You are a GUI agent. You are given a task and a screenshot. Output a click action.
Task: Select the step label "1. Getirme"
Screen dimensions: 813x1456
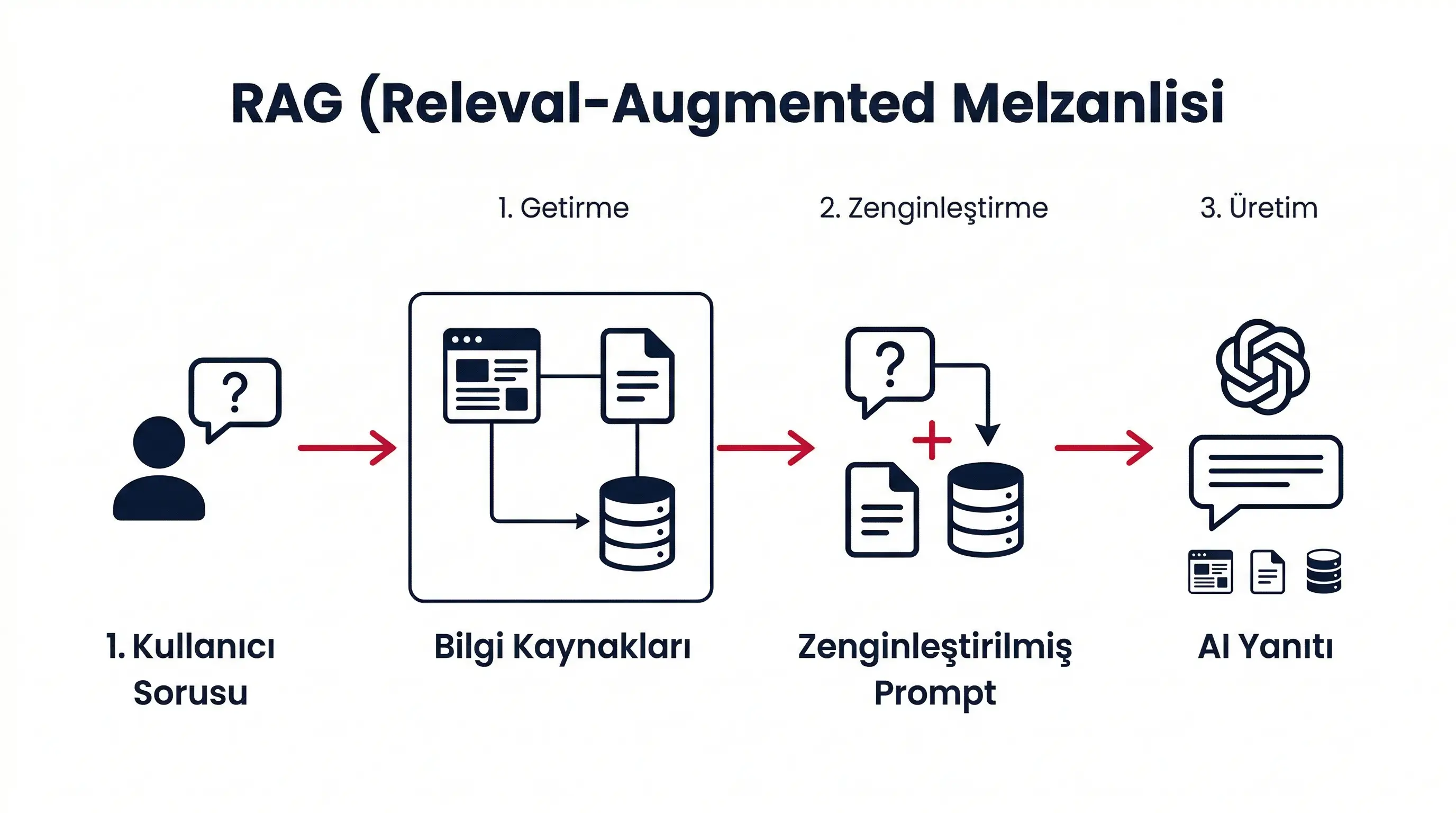[x=563, y=208]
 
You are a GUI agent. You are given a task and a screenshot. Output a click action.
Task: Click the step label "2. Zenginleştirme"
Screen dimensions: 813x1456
[x=934, y=208]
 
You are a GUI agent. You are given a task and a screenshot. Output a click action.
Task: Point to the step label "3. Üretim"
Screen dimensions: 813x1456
[x=1259, y=208]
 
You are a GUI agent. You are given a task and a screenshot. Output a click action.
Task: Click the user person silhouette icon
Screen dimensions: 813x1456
[x=159, y=469]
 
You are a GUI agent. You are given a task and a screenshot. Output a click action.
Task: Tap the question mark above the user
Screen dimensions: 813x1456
[x=235, y=391]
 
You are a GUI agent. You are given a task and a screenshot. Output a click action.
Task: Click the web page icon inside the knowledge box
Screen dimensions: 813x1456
[x=491, y=375]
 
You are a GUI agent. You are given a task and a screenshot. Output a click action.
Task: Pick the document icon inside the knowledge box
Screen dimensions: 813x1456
[x=638, y=376]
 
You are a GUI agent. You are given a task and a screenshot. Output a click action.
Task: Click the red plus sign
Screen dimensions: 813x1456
[x=932, y=440]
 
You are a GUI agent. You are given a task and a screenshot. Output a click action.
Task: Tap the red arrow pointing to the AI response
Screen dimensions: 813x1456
[x=1103, y=448]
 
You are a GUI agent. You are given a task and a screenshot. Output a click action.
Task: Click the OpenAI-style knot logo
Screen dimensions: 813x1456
[x=1263, y=366]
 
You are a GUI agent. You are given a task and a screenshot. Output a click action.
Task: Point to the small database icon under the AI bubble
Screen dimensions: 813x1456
[x=1324, y=571]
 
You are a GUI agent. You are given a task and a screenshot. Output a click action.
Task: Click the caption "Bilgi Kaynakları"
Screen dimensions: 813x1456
[x=562, y=647]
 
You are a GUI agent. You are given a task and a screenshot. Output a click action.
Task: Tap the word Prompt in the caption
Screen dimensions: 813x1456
[x=935, y=693]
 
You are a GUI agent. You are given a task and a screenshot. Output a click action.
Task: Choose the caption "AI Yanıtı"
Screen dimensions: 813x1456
[x=1265, y=647]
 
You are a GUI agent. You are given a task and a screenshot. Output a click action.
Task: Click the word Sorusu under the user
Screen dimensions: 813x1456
[x=190, y=693]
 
